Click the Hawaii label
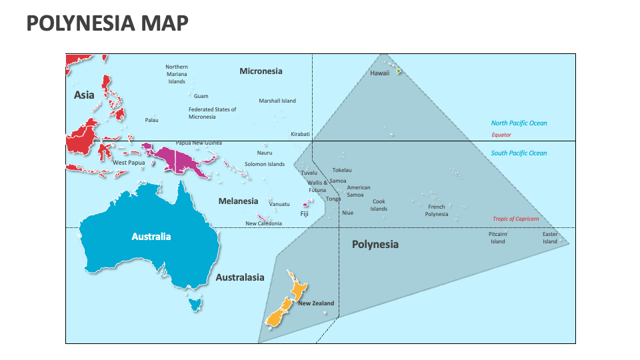pos(379,74)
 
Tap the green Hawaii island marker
pos(399,71)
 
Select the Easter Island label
pos(549,238)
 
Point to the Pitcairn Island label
pos(498,238)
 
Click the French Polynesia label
pos(437,211)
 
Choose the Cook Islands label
pos(379,205)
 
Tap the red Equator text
pos(501,135)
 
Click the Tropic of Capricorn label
pos(515,219)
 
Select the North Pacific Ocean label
pos(519,123)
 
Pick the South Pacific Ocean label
pos(519,153)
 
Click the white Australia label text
pos(151,237)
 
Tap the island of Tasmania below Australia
pos(195,305)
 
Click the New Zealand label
pos(316,304)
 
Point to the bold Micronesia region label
pos(261,71)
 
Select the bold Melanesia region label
pos(238,201)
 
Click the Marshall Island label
pos(277,101)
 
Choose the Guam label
pos(201,97)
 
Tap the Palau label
pos(152,121)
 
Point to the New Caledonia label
pos(263,224)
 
